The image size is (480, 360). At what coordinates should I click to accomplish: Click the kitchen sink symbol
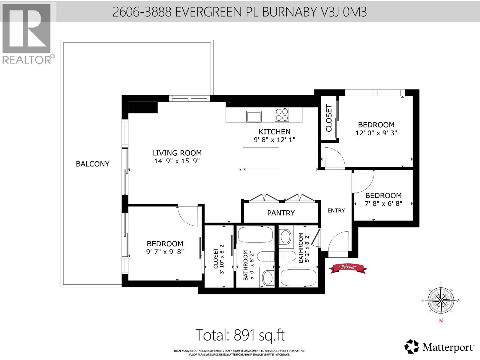point(254,116)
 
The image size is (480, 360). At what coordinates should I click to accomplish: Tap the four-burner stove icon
point(282,115)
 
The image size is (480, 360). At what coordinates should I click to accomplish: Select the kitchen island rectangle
point(261,158)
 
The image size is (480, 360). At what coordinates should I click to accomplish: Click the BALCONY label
point(92,164)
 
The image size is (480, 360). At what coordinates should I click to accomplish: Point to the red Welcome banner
point(348,268)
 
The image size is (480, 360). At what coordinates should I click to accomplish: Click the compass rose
point(441,301)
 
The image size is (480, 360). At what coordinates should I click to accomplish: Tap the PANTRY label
point(281,213)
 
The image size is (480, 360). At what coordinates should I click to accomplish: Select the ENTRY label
point(336,211)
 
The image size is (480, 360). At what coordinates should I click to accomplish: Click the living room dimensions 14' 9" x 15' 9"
point(177,161)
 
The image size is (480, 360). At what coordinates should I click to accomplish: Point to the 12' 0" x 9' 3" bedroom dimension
point(376,133)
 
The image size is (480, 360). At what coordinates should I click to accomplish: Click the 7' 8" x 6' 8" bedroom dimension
point(383,203)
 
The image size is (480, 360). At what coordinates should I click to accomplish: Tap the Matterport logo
point(439,347)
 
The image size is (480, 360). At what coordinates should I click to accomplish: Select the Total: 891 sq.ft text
point(240,335)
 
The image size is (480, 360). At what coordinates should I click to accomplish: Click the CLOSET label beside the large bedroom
point(329,118)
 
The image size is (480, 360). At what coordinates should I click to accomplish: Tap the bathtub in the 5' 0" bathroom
point(255,235)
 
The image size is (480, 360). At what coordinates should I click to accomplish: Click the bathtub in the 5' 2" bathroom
point(298,278)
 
